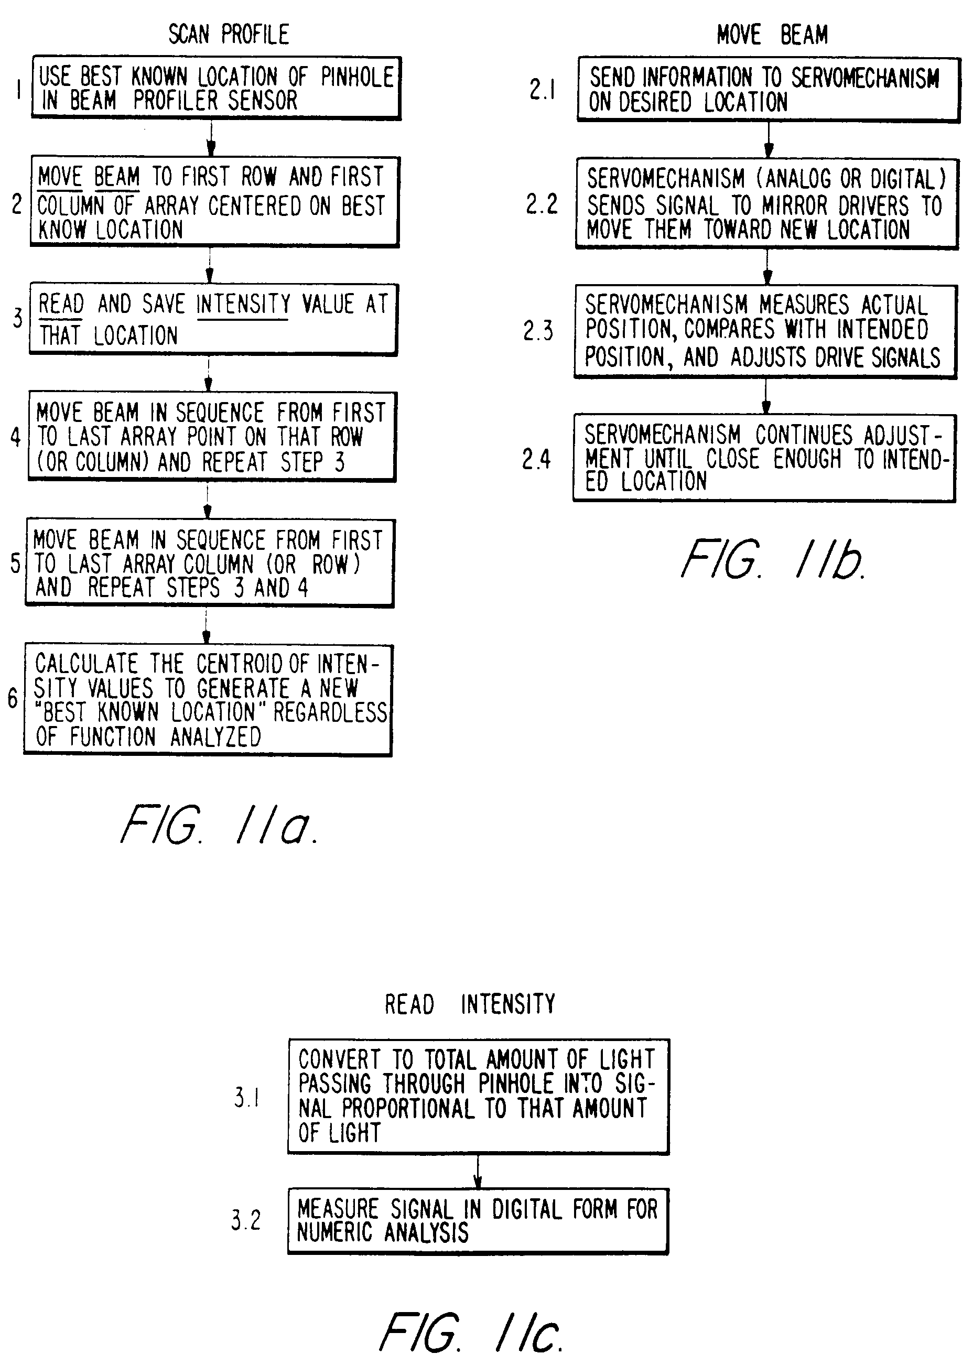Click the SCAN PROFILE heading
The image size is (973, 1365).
(x=229, y=35)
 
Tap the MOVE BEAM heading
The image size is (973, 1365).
(x=772, y=35)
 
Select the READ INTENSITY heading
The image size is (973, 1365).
(x=470, y=1004)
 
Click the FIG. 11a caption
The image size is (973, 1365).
(x=219, y=825)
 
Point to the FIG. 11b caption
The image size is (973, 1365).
(x=773, y=559)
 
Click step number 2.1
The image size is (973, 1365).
(x=542, y=90)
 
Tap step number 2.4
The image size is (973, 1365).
(x=536, y=459)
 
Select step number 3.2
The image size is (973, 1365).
(x=246, y=1220)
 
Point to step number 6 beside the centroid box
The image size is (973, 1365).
(x=13, y=698)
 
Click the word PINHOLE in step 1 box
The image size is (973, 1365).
(x=357, y=77)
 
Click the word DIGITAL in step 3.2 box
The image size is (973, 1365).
(x=527, y=1209)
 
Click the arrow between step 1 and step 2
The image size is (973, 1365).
(x=211, y=138)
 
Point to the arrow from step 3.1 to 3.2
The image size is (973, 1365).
(x=478, y=1172)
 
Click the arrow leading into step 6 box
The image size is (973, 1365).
(x=207, y=626)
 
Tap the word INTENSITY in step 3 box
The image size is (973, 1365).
(x=243, y=304)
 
